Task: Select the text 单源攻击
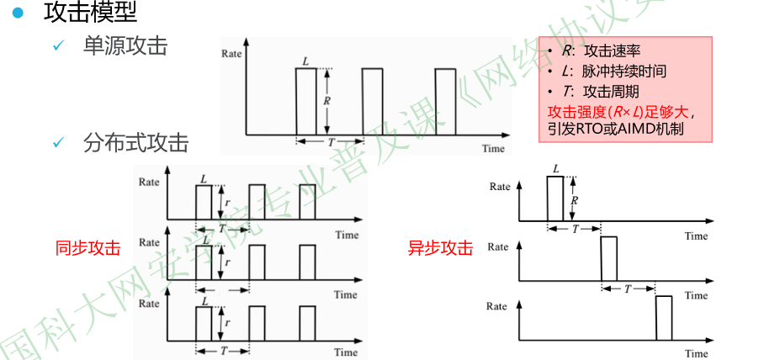[x=125, y=45]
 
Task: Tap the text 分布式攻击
[x=135, y=143]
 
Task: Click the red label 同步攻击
[x=88, y=248]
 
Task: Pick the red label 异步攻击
[x=440, y=248]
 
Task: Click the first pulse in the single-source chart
[x=306, y=101]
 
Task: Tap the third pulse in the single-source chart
[x=446, y=101]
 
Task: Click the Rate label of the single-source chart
[x=232, y=53]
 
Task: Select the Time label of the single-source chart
[x=493, y=149]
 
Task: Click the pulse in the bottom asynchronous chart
[x=663, y=318]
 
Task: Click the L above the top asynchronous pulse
[x=555, y=169]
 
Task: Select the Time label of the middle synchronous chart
[x=346, y=294]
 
